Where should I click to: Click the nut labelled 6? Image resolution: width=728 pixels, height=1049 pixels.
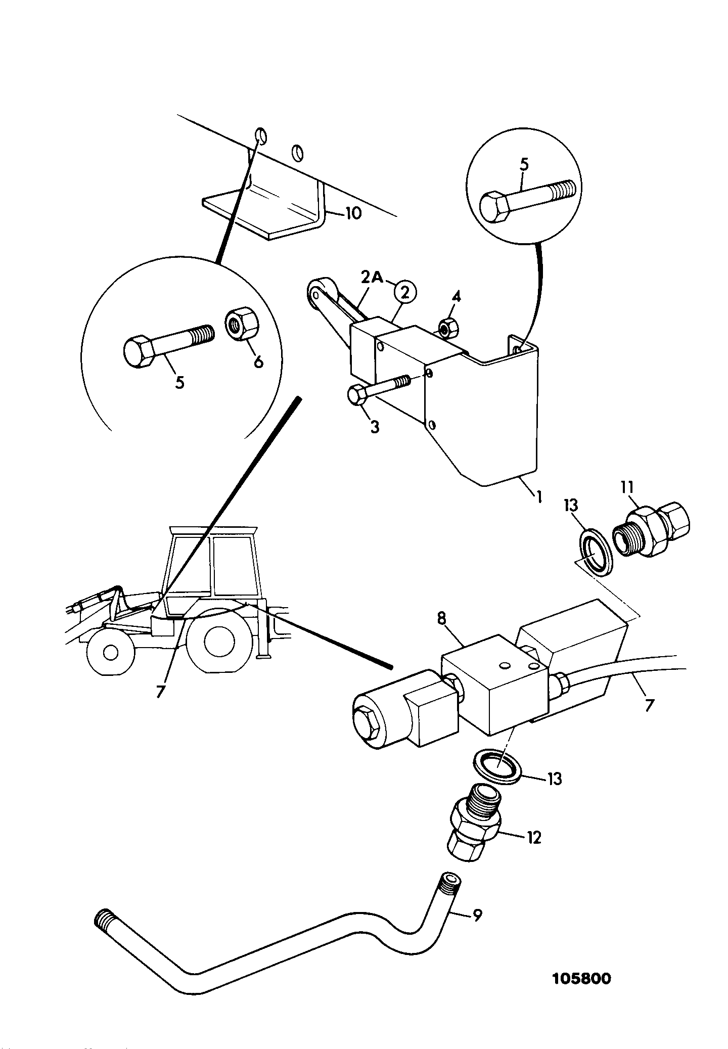tap(242, 324)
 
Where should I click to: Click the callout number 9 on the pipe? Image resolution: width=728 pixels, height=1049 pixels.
tap(476, 915)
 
